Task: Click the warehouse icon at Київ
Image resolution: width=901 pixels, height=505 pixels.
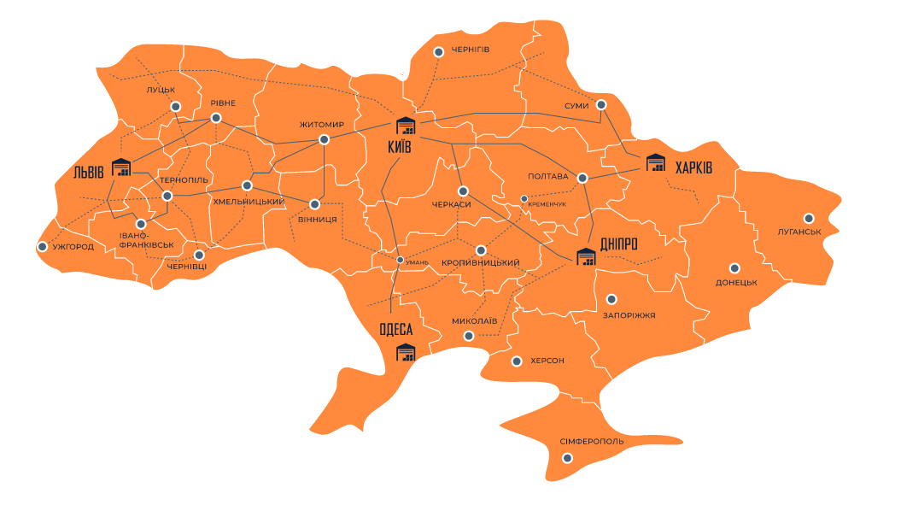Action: click(x=404, y=126)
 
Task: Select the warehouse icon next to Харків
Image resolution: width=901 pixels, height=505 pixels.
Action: click(x=655, y=162)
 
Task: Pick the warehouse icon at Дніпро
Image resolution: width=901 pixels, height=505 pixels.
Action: click(x=585, y=256)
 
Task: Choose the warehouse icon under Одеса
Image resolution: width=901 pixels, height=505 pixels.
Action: click(x=405, y=351)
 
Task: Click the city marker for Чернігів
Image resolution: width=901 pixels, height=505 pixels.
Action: click(x=438, y=52)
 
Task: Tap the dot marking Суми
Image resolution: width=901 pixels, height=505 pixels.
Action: click(x=601, y=104)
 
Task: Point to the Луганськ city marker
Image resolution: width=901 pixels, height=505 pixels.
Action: click(x=808, y=218)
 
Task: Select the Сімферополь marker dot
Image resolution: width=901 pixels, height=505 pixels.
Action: click(x=567, y=458)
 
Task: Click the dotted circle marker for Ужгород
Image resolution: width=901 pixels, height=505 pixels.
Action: click(x=42, y=246)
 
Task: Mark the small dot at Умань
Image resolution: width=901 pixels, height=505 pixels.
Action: click(x=400, y=260)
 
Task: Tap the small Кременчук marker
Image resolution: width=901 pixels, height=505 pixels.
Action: click(x=524, y=199)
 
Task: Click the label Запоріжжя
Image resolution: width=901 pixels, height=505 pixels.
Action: click(x=629, y=315)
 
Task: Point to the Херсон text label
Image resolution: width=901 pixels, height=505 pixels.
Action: click(x=547, y=361)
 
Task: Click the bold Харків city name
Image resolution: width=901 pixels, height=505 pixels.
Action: click(x=693, y=168)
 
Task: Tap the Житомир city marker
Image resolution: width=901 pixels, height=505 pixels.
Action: click(x=324, y=139)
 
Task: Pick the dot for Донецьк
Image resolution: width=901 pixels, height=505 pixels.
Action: click(x=734, y=267)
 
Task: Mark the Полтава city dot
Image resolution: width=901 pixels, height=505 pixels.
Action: click(x=582, y=178)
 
